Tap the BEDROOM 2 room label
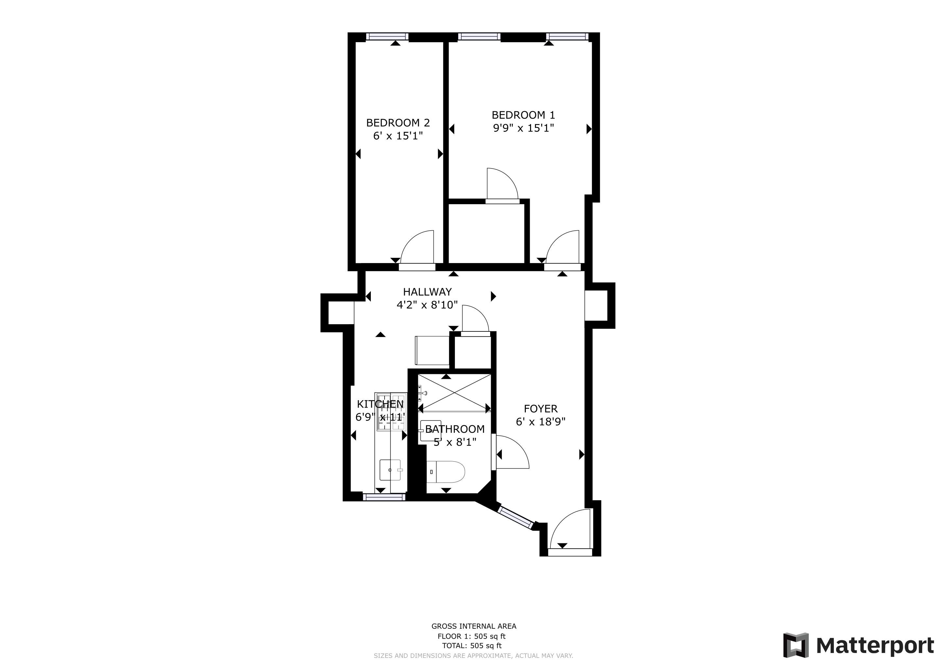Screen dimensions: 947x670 click(398, 123)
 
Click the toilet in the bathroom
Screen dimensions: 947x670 click(445, 471)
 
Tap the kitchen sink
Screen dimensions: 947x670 click(390, 470)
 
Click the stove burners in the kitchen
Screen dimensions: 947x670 click(390, 411)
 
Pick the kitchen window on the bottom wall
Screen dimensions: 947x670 click(384, 498)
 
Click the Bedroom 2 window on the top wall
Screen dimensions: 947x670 click(387, 37)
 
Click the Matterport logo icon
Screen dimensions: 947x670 click(796, 645)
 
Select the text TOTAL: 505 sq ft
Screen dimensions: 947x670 click(472, 646)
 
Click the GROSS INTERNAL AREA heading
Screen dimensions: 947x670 click(474, 626)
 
